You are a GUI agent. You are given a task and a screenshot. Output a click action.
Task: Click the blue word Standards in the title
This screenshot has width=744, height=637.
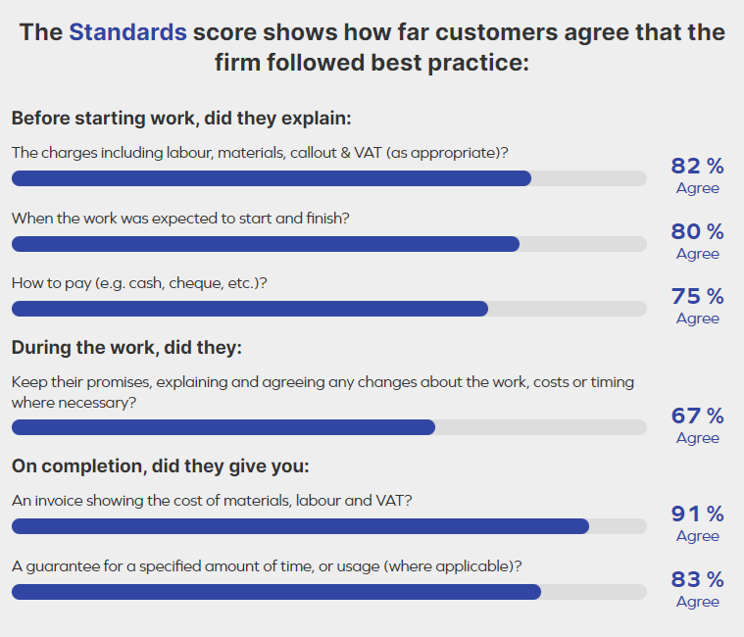(127, 32)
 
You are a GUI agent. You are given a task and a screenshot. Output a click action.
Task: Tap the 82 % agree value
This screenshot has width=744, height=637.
(697, 166)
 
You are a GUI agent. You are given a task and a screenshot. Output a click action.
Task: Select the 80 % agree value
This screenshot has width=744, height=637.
(697, 231)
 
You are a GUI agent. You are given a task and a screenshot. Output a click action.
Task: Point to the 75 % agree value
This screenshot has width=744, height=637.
(697, 296)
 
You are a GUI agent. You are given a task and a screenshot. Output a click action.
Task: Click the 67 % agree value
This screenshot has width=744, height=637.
(697, 416)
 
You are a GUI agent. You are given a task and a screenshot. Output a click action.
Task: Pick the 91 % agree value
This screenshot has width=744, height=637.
(697, 514)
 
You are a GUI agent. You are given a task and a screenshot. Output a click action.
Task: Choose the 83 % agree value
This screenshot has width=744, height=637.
(697, 579)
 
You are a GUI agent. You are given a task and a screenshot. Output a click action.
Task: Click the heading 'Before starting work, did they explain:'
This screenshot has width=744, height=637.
(181, 119)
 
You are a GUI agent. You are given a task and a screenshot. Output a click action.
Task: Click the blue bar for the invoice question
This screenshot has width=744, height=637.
(300, 526)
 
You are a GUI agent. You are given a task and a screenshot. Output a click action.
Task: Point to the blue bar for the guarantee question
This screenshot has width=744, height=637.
(275, 592)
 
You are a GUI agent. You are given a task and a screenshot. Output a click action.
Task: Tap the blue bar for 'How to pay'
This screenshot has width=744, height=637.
(249, 309)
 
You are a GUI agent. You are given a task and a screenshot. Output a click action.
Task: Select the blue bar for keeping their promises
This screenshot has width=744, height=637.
(223, 427)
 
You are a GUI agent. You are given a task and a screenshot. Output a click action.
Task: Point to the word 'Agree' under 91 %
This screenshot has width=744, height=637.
(697, 536)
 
